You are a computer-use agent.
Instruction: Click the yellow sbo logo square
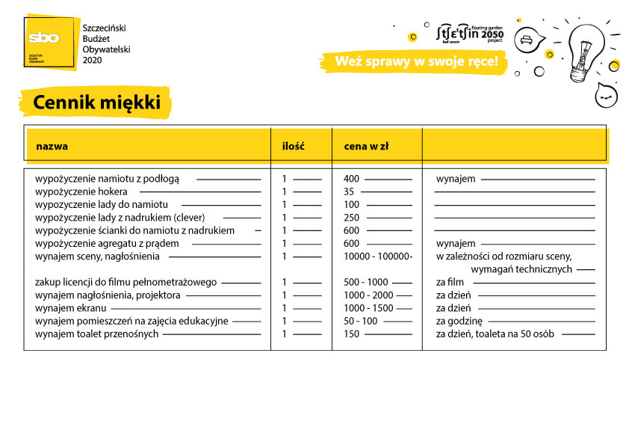pos(51,42)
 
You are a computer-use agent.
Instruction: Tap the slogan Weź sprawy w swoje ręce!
pos(416,61)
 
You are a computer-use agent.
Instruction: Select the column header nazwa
pos(52,146)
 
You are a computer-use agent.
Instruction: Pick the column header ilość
pos(293,146)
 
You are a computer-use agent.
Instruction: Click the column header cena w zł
pos(366,146)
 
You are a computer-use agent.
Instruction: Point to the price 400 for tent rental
pos(352,179)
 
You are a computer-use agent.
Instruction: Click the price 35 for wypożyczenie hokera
pos(349,191)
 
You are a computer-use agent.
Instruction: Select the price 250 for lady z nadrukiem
pos(352,218)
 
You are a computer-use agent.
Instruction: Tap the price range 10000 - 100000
pos(378,257)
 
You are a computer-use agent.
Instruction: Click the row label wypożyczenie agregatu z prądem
pos(107,244)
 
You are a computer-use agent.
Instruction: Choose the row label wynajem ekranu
pos(71,308)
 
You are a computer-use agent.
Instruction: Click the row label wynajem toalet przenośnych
pos(96,334)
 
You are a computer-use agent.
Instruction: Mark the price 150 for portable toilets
pos(352,334)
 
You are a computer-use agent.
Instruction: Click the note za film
pos(450,282)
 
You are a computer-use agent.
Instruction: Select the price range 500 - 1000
pos(366,282)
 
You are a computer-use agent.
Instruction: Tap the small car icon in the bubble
pos(527,39)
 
